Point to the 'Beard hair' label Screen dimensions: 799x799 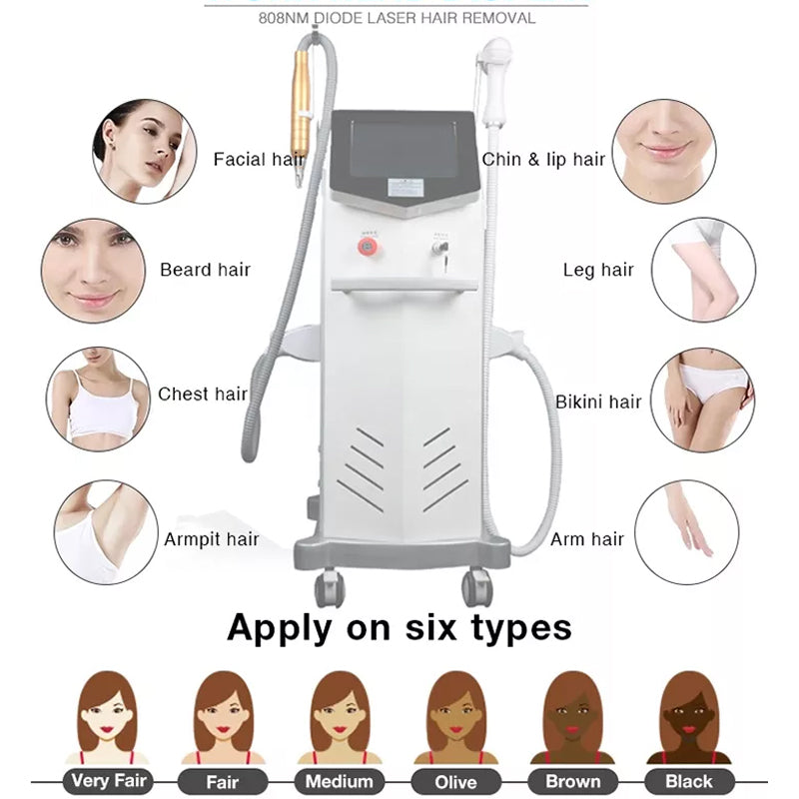205,270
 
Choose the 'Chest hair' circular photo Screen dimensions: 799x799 98,398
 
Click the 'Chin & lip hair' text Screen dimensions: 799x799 544,159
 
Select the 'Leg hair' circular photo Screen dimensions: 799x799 703,270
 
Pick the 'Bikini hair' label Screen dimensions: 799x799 598,401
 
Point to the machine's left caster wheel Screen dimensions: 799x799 329,587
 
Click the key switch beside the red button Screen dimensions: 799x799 436,244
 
